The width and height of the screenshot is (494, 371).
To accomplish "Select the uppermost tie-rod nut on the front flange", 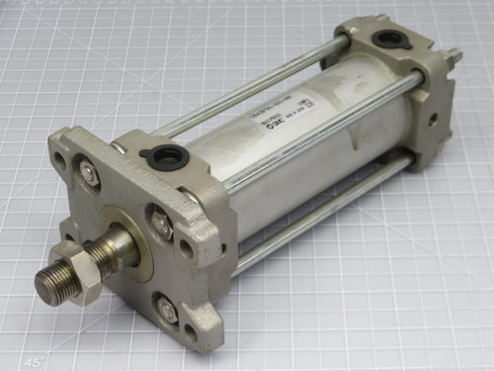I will pos(89,173).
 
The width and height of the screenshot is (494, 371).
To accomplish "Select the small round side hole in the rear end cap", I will pos(434,118).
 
